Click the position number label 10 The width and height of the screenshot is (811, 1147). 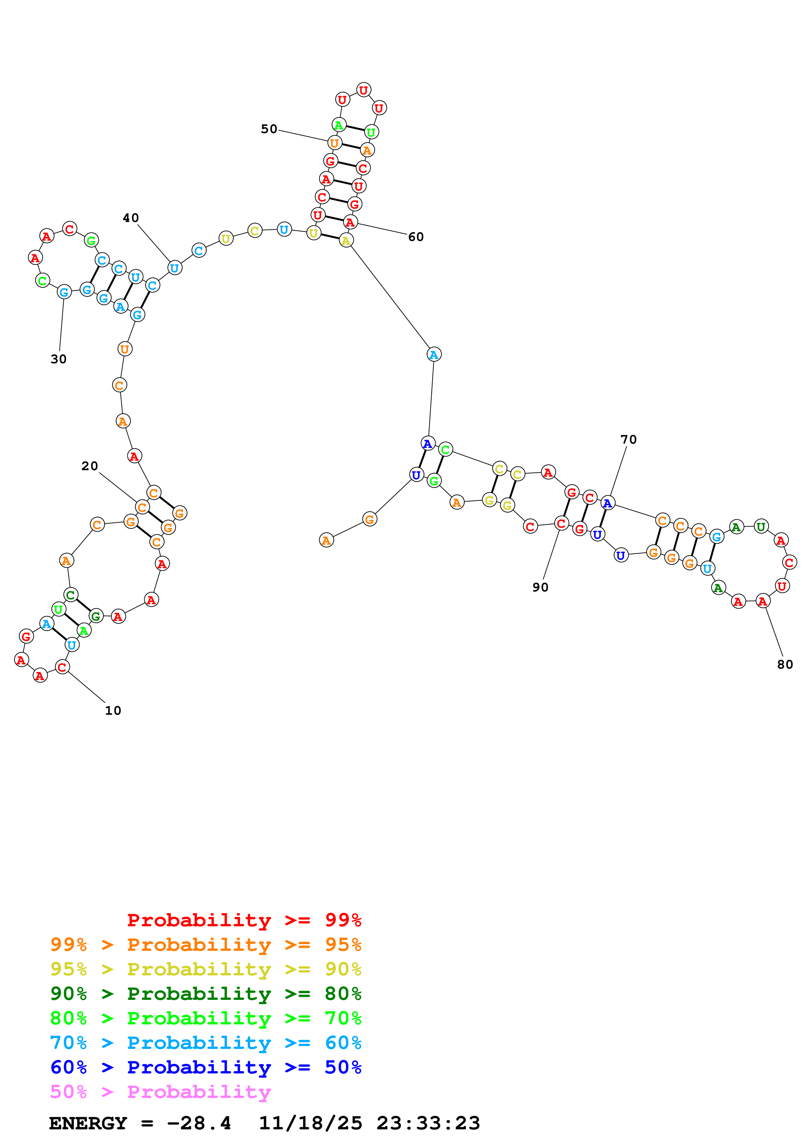(x=113, y=711)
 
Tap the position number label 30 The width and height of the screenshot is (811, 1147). (x=59, y=359)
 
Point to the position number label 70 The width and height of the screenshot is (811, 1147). (x=628, y=440)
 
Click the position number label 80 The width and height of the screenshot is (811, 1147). (x=785, y=664)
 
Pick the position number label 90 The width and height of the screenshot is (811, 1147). (x=540, y=588)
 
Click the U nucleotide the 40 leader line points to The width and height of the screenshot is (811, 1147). (x=174, y=268)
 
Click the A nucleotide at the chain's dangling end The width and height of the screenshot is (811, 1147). (x=326, y=540)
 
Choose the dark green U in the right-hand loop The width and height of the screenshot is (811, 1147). (x=761, y=526)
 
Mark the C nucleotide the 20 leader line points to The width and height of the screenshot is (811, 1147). (x=142, y=507)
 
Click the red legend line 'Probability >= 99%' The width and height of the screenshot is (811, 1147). (x=244, y=920)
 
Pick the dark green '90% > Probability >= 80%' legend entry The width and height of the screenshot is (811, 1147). (x=205, y=994)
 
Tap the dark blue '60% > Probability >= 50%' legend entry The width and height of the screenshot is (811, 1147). (x=205, y=1067)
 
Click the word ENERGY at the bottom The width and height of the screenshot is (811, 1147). (x=88, y=1123)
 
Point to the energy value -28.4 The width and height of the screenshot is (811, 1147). (x=199, y=1123)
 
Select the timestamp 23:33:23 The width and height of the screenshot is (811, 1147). (x=428, y=1123)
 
